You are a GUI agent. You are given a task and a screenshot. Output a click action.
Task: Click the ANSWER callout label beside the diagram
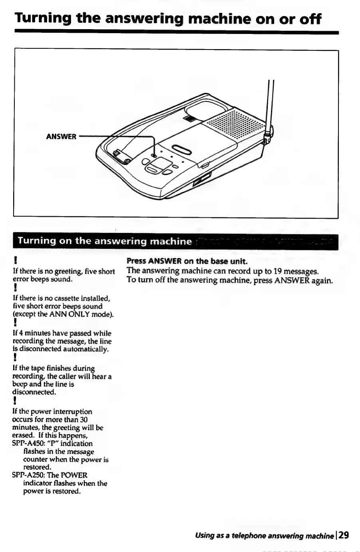click(61, 137)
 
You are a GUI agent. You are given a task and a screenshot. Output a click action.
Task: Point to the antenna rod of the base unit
click(271, 104)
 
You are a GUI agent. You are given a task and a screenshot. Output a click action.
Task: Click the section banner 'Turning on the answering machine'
click(105, 241)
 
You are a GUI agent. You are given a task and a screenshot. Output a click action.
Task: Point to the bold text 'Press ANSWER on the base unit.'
click(187, 262)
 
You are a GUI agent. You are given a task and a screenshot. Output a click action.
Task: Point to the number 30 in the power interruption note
click(83, 419)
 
